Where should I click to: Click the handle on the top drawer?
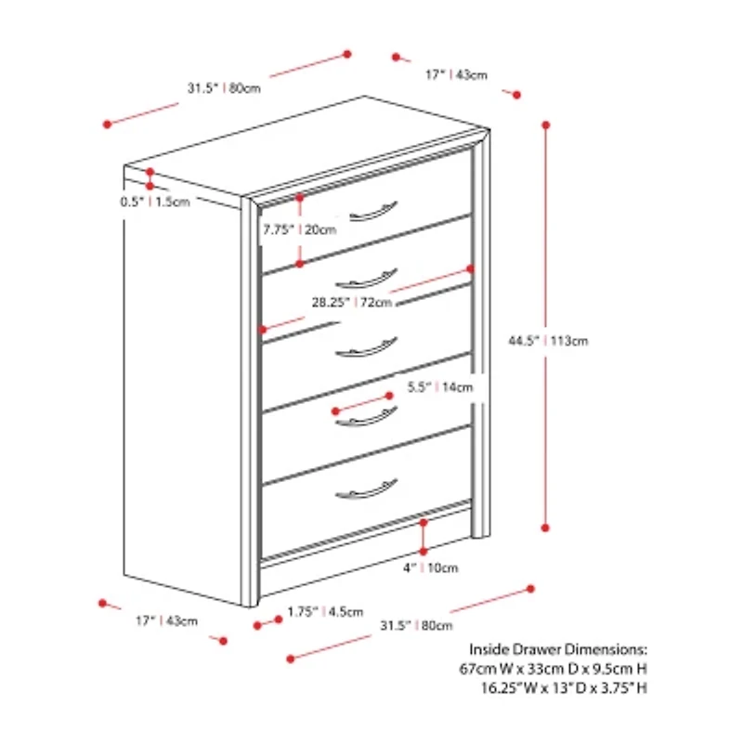point(373,212)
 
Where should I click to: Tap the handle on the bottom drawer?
point(366,489)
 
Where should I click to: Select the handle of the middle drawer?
point(366,347)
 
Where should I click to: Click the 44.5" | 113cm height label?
point(548,341)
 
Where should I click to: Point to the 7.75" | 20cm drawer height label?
point(299,229)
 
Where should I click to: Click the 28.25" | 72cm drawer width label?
point(352,302)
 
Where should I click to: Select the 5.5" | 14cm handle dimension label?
point(440,387)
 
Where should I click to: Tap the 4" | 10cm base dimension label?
point(431,567)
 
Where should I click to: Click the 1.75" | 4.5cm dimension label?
point(325,612)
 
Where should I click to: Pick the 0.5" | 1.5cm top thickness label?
point(155,202)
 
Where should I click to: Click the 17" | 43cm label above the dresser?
point(456,75)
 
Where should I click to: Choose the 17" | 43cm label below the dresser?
point(167,620)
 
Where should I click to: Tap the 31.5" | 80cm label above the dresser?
point(224,88)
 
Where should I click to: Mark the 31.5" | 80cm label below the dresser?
point(416,625)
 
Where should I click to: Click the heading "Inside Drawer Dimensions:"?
point(558,649)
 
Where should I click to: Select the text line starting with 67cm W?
point(553,669)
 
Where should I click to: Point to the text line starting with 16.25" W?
point(564,688)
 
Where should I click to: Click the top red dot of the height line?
point(546,125)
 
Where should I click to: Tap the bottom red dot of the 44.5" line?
point(545,528)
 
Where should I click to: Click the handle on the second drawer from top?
point(366,279)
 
